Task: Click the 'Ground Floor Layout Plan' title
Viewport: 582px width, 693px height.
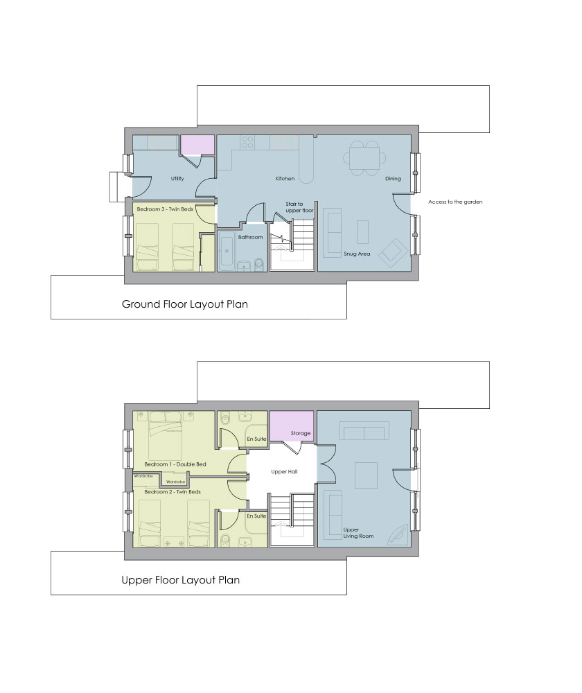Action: [x=185, y=304]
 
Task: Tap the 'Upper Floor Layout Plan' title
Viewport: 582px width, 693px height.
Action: [x=180, y=580]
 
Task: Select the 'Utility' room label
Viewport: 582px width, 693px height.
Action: [x=177, y=179]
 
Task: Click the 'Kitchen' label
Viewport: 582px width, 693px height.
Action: [x=285, y=179]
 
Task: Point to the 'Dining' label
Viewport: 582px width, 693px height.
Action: [x=393, y=179]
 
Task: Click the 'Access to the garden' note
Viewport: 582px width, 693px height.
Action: [x=455, y=202]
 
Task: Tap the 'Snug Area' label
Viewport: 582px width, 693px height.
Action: [x=357, y=254]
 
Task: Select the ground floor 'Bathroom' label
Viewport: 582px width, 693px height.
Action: [x=251, y=237]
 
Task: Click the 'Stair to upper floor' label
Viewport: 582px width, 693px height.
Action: [x=299, y=207]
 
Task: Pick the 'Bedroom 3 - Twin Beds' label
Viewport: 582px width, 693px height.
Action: [x=165, y=209]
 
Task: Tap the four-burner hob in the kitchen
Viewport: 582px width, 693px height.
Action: [x=248, y=142]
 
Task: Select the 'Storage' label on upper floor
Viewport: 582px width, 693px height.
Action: [x=301, y=433]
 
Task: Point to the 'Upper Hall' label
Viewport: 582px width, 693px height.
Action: [x=284, y=471]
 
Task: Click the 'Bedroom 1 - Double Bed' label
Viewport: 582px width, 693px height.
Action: [x=175, y=464]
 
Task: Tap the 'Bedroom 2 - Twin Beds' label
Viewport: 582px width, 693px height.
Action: [x=173, y=491]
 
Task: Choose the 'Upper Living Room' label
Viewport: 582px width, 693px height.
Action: [x=358, y=532]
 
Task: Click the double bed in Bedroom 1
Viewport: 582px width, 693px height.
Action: [x=166, y=436]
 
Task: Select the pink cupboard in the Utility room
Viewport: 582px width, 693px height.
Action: [x=197, y=145]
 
